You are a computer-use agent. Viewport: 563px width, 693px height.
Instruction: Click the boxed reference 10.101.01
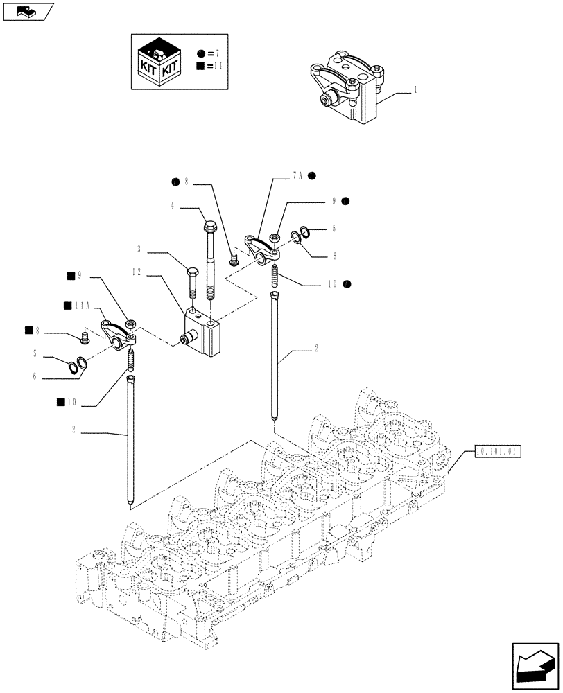(497, 451)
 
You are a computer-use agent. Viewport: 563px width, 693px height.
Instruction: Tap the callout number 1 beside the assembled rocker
(415, 90)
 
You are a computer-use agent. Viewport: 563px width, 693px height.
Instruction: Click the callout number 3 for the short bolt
(139, 249)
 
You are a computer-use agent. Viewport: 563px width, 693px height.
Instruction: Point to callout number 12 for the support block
(137, 272)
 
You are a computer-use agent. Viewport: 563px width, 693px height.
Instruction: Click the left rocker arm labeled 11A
(119, 333)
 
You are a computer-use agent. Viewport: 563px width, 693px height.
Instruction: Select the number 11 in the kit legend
(218, 66)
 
